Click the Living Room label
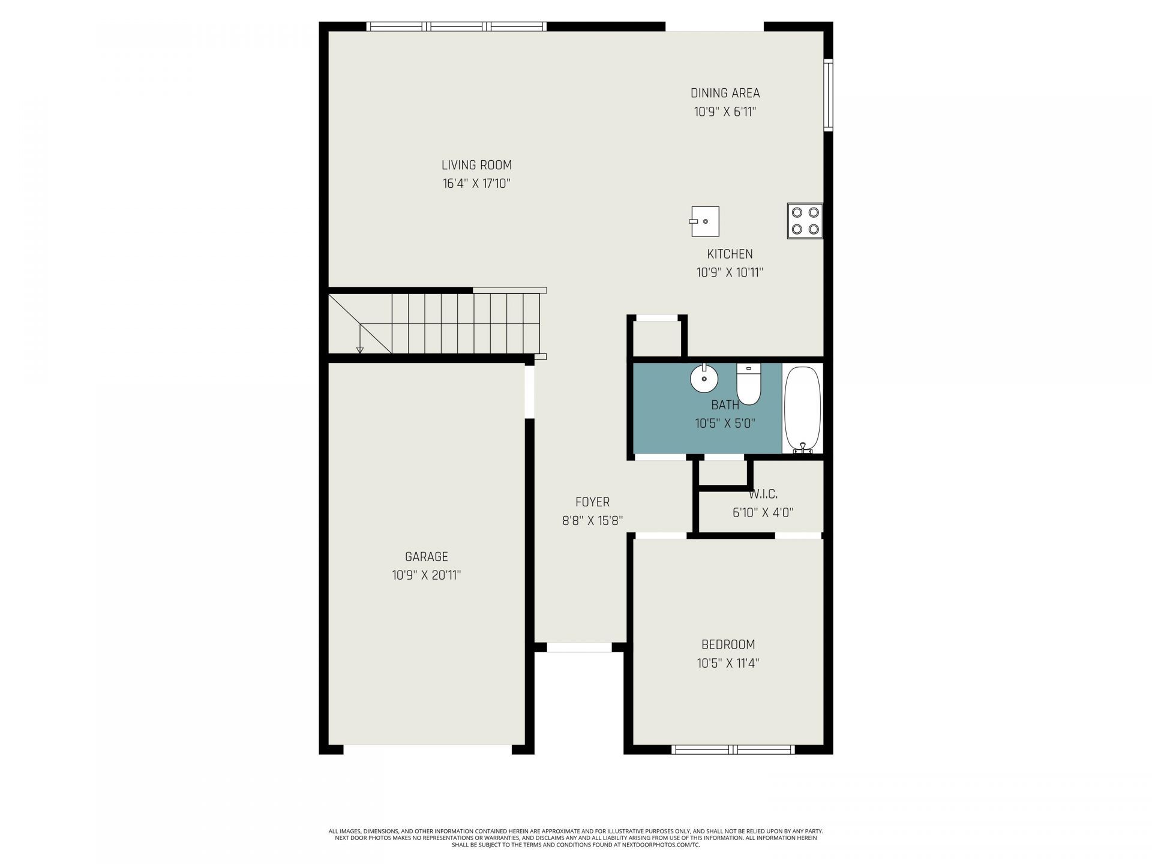pyautogui.click(x=476, y=165)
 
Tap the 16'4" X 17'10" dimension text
pyautogui.click(x=476, y=184)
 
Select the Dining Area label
pyautogui.click(x=725, y=93)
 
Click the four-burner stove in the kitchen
pyautogui.click(x=805, y=221)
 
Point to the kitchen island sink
pyautogui.click(x=704, y=221)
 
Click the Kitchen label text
pyautogui.click(x=730, y=254)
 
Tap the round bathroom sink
pyautogui.click(x=704, y=378)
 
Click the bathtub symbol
pyautogui.click(x=802, y=409)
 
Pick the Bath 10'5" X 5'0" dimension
pyautogui.click(x=725, y=424)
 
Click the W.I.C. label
pyautogui.click(x=763, y=494)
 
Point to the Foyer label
pyautogui.click(x=592, y=502)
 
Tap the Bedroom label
pyautogui.click(x=728, y=644)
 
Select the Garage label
pyautogui.click(x=426, y=557)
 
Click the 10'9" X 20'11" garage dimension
pyautogui.click(x=426, y=575)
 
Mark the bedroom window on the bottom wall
pyautogui.click(x=733, y=749)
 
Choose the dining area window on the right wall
pyautogui.click(x=828, y=95)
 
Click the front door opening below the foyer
pyautogui.click(x=580, y=647)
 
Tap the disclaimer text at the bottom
pyautogui.click(x=576, y=838)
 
